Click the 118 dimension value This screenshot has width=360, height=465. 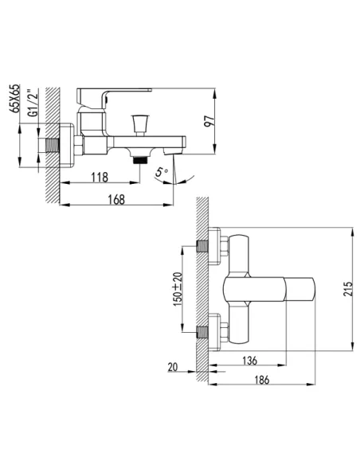[x=100, y=178]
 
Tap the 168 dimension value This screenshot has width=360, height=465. [x=116, y=200]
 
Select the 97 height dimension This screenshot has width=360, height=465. [x=209, y=120]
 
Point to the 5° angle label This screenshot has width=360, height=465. [x=162, y=172]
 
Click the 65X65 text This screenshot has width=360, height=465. [x=14, y=98]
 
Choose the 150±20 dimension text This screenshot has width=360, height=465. [x=178, y=289]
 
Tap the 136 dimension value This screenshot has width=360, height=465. [x=249, y=361]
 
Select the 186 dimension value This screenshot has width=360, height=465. [x=262, y=380]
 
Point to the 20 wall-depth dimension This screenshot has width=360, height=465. [x=173, y=367]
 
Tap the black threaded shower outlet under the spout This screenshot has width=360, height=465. [x=140, y=160]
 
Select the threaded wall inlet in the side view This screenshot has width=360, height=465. [x=53, y=146]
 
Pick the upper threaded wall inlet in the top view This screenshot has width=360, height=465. [x=203, y=246]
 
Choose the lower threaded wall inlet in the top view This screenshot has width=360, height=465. [x=203, y=332]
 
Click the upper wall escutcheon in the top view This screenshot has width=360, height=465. [x=215, y=246]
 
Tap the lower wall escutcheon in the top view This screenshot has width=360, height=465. [x=215, y=332]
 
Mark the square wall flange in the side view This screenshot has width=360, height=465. [x=67, y=146]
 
